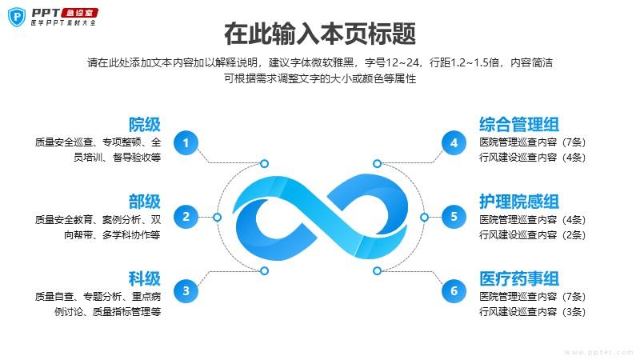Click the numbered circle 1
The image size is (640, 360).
186,143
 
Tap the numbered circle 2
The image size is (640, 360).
186,217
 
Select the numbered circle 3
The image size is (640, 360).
186,290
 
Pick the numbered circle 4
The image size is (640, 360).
454,143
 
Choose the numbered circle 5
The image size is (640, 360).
454,217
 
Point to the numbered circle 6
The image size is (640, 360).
454,290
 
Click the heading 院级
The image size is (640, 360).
145,125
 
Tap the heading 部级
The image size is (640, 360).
145,202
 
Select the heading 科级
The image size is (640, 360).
145,278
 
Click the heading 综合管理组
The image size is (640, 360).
519,125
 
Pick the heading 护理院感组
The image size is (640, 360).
519,202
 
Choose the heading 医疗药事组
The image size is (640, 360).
519,278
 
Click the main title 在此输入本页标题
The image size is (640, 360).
320,34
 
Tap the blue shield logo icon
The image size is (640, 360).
17,17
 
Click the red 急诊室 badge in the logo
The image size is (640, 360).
79,13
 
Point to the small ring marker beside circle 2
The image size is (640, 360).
217,217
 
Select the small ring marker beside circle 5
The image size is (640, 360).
425,217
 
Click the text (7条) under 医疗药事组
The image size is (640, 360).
574,296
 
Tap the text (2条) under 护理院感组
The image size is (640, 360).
574,234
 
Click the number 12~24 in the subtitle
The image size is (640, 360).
402,62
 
